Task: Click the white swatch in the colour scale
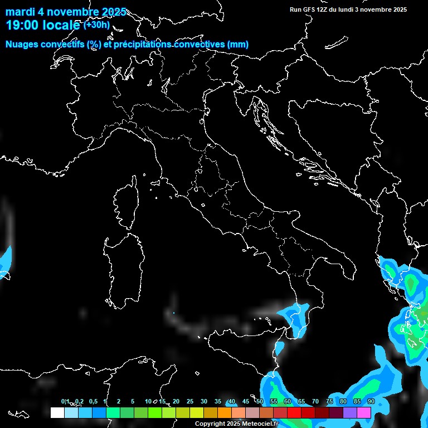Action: pos(57,412)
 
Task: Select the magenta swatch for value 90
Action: pos(364,412)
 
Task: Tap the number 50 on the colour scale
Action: pos(260,401)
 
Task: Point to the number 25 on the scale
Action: pos(190,401)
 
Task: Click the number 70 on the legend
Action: pos(315,401)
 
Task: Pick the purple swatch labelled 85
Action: pos(350,412)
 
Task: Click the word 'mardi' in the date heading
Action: pos(20,12)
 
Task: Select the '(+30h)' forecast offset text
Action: pos(98,25)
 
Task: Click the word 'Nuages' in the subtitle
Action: pos(23,44)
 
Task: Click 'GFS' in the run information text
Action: pos(309,9)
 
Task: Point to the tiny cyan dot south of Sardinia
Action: pos(173,313)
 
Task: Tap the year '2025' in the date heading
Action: pos(114,12)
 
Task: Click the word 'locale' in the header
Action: pos(61,25)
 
